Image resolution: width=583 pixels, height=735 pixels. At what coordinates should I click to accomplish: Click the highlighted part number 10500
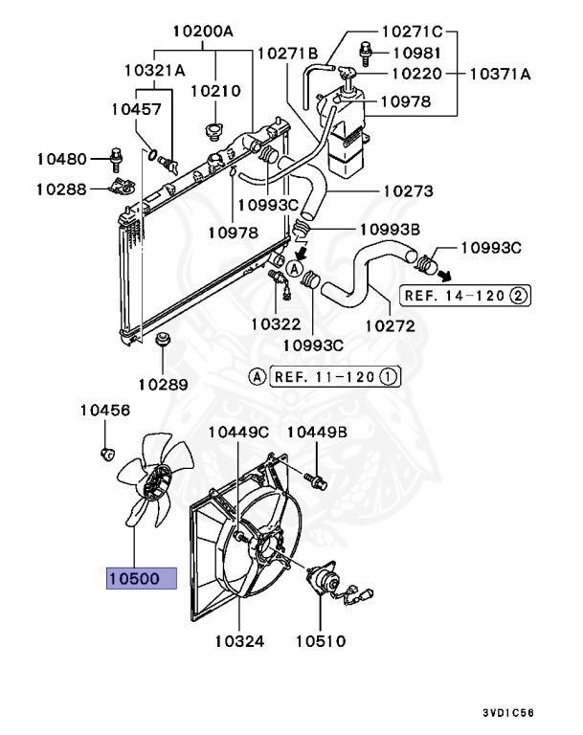pyautogui.click(x=142, y=579)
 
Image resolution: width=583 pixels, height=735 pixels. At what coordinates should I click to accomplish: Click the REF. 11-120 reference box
pyautogui.click(x=336, y=376)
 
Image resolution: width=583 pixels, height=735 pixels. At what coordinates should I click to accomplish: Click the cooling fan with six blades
pyautogui.click(x=151, y=487)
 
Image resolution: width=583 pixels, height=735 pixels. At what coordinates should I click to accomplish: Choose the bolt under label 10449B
pyautogui.click(x=315, y=472)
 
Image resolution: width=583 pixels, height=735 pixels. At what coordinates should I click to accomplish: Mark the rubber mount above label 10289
pyautogui.click(x=162, y=340)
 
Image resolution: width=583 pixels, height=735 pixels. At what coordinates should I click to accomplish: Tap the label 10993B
pyautogui.click(x=364, y=230)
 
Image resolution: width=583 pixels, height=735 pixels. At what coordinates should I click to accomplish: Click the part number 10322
pyautogui.click(x=275, y=325)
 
